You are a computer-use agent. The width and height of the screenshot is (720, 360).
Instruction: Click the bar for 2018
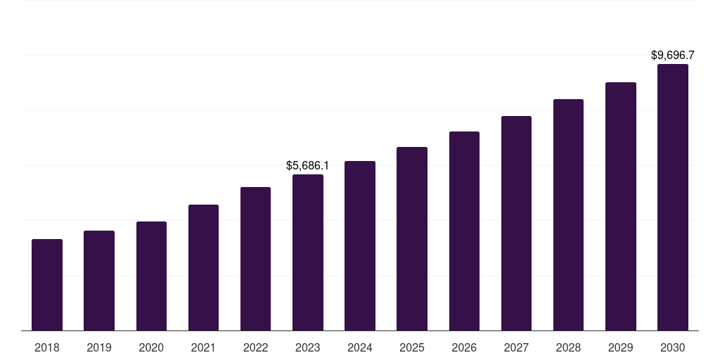tap(47, 285)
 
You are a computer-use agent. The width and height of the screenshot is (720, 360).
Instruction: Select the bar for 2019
tap(99, 281)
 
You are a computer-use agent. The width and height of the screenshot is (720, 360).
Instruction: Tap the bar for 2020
tap(151, 276)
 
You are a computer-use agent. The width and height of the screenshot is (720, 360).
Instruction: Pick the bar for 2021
tap(203, 268)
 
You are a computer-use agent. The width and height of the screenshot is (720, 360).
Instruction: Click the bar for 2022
tap(255, 259)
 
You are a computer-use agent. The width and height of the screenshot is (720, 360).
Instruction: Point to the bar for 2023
tap(308, 252)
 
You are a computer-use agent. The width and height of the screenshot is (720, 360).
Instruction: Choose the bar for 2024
tap(360, 246)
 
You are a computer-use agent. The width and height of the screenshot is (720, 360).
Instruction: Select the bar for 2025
tap(412, 239)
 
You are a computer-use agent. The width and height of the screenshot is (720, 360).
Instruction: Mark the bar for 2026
tap(464, 231)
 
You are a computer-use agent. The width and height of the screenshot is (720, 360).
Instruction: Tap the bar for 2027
tap(516, 224)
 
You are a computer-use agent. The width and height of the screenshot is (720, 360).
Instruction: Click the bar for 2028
tap(568, 215)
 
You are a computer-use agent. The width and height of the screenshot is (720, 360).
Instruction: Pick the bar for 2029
tap(620, 207)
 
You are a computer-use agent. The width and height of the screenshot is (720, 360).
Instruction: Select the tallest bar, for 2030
tap(673, 198)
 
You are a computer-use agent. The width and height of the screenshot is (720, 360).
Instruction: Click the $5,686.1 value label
tap(307, 166)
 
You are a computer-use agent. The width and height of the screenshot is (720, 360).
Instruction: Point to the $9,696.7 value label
tap(673, 55)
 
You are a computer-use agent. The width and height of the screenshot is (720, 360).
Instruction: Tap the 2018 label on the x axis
tap(47, 347)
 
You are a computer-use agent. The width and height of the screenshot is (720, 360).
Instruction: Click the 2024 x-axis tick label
tap(360, 347)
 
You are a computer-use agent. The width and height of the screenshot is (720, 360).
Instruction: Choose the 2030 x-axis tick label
tap(673, 347)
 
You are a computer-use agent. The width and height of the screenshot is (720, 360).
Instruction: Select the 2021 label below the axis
tap(203, 347)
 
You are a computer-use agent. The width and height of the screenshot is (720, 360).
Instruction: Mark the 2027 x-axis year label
tap(516, 347)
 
